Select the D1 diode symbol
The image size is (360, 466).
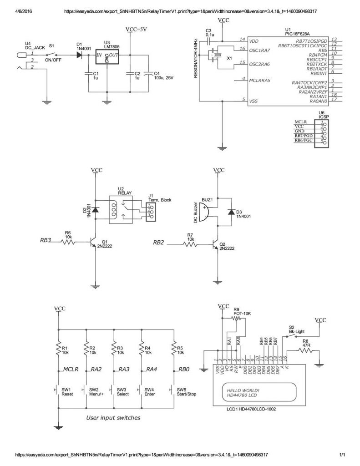[x=80, y=55]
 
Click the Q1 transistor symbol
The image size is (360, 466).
[x=93, y=243]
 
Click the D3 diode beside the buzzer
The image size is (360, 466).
[x=232, y=212]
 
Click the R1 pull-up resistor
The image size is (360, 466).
[x=58, y=349]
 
